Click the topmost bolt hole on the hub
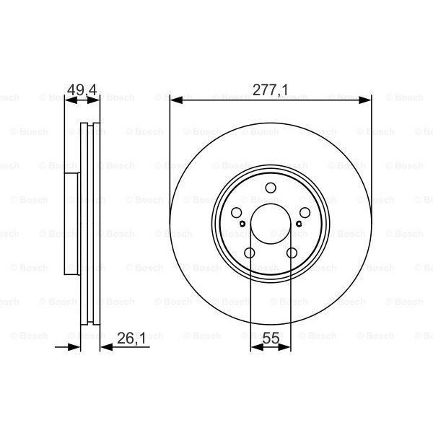[x=271, y=190]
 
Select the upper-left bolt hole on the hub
[x=237, y=214]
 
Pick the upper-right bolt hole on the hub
[x=303, y=214]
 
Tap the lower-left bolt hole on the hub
[x=250, y=253]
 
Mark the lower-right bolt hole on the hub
[x=291, y=253]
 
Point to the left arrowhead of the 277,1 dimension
[x=175, y=102]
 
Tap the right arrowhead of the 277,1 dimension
[x=366, y=102]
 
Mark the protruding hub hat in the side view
[x=71, y=224]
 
